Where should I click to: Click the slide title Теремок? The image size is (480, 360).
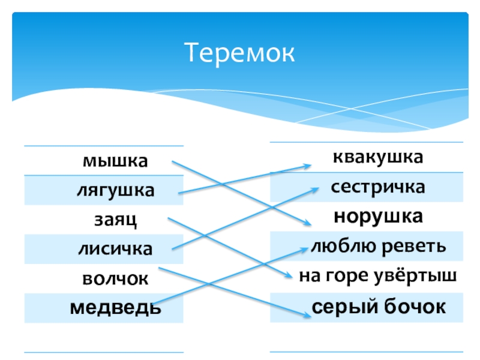239,53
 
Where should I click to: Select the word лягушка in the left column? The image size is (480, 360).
115,191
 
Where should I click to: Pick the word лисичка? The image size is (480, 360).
115,248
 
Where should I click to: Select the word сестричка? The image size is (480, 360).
378,187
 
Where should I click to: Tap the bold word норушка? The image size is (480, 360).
378,216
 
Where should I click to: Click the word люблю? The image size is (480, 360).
340,246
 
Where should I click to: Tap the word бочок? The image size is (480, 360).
414,307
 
